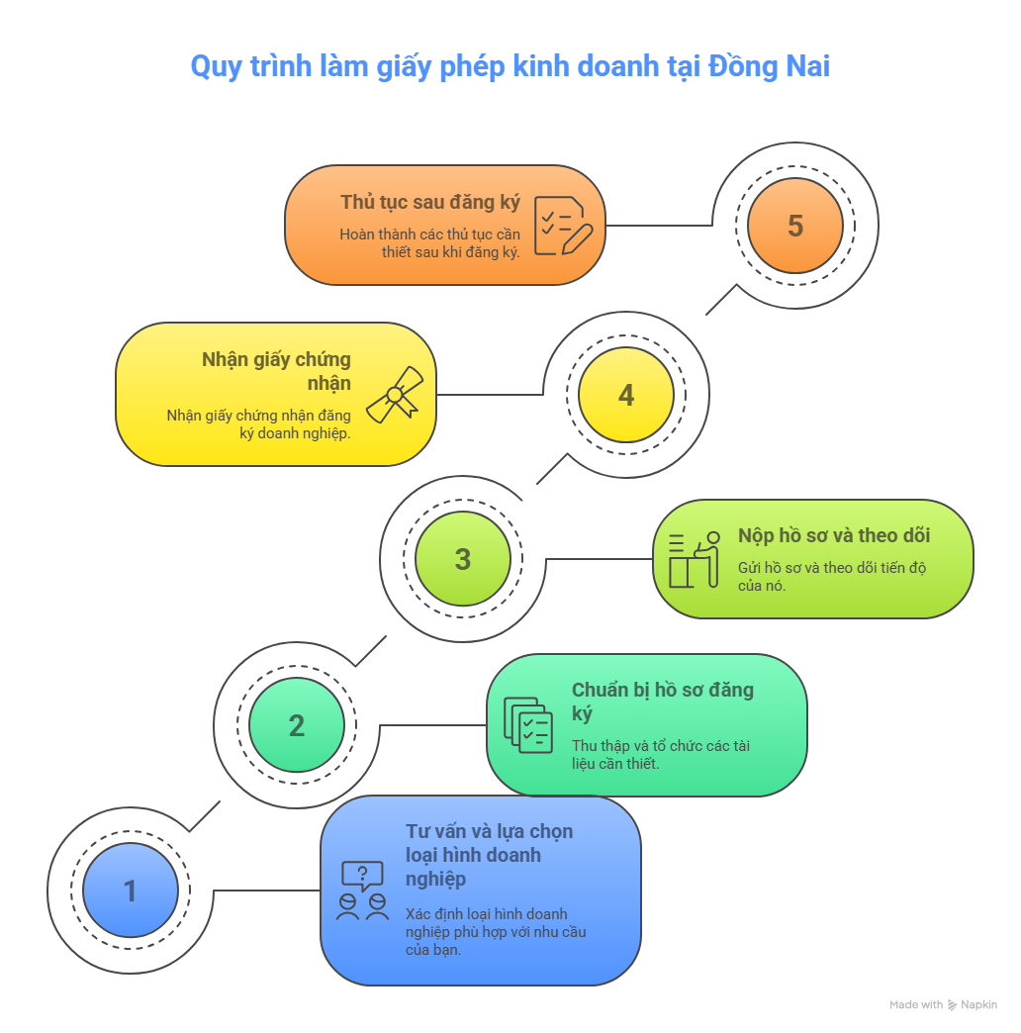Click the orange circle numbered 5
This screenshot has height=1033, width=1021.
tap(795, 226)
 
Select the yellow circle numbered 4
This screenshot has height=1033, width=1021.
tap(626, 395)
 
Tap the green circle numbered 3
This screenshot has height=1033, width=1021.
tap(462, 559)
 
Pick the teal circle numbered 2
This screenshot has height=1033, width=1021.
tap(297, 724)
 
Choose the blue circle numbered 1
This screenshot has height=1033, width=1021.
tap(131, 891)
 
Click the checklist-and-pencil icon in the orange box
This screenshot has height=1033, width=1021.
tap(563, 226)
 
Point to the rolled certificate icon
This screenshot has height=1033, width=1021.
tap(395, 395)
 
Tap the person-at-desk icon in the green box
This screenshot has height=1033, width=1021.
tap(695, 559)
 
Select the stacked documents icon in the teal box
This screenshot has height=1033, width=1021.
tap(528, 724)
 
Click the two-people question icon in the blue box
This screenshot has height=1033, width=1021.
tap(362, 891)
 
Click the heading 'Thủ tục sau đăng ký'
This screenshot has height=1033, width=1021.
tap(430, 202)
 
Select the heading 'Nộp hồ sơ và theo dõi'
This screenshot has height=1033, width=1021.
tap(834, 535)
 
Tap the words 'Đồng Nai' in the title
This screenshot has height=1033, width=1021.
tap(769, 66)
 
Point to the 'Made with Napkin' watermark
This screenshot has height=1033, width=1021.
tap(943, 1004)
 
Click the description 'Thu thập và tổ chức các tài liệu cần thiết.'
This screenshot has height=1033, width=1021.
tap(661, 754)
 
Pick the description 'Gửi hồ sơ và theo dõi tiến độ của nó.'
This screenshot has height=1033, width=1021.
tap(832, 577)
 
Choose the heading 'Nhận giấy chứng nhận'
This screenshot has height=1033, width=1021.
tap(277, 371)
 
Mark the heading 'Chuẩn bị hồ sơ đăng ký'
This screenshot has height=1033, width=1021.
tap(663, 702)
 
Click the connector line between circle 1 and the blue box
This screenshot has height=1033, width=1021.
tap(267, 891)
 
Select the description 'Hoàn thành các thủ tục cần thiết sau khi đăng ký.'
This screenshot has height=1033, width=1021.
tap(430, 243)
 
